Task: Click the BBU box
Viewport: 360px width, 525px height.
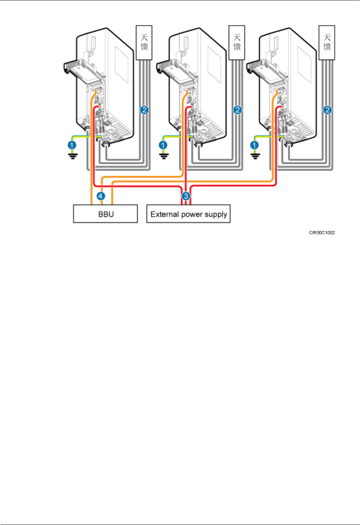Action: (105, 214)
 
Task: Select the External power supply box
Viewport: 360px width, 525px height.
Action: (188, 214)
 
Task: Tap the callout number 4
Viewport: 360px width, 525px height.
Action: (101, 196)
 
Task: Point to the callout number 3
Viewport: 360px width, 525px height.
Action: (186, 196)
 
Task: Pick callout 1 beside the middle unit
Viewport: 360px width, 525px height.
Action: (163, 145)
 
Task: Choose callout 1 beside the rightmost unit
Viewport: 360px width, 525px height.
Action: (255, 145)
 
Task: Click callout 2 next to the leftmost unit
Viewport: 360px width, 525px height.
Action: (144, 110)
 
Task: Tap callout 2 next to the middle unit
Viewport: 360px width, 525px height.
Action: (237, 110)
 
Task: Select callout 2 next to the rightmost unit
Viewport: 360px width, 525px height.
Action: (327, 110)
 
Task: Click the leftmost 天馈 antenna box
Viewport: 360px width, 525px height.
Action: (144, 42)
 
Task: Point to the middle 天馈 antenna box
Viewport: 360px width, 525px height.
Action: (237, 42)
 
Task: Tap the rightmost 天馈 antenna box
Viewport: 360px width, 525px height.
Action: (327, 42)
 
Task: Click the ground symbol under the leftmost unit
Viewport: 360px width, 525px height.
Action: (73, 155)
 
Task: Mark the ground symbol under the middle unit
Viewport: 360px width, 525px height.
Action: (164, 155)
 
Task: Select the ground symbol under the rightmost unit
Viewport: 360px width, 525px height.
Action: (255, 155)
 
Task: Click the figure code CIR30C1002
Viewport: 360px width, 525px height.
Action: (322, 233)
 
